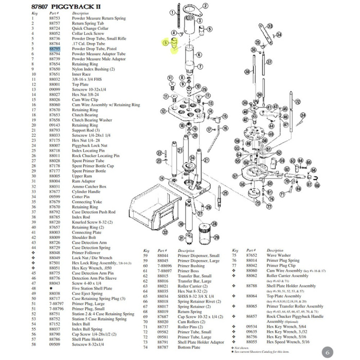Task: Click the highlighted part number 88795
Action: point(55,49)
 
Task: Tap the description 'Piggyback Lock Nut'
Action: point(89,146)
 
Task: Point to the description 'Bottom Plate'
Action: point(189,347)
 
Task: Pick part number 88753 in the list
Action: point(55,19)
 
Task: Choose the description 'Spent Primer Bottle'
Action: point(89,171)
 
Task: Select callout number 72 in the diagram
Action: point(297,102)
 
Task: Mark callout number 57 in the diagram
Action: point(235,176)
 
